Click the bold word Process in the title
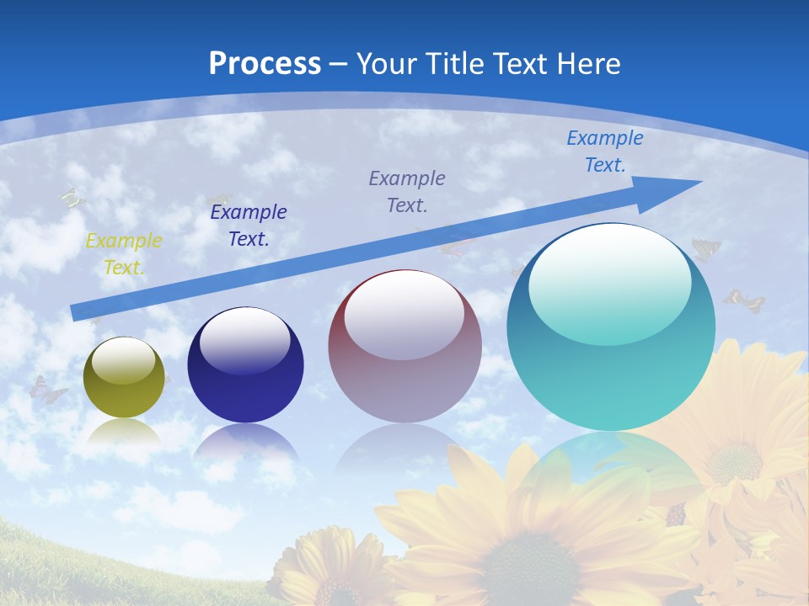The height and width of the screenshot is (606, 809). (265, 64)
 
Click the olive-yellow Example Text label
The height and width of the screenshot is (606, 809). (124, 253)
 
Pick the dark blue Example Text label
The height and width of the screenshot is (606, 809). (249, 226)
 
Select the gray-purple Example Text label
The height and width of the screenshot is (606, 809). (407, 191)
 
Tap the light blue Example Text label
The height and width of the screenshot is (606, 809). (605, 151)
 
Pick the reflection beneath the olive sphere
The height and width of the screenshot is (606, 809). (124, 433)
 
